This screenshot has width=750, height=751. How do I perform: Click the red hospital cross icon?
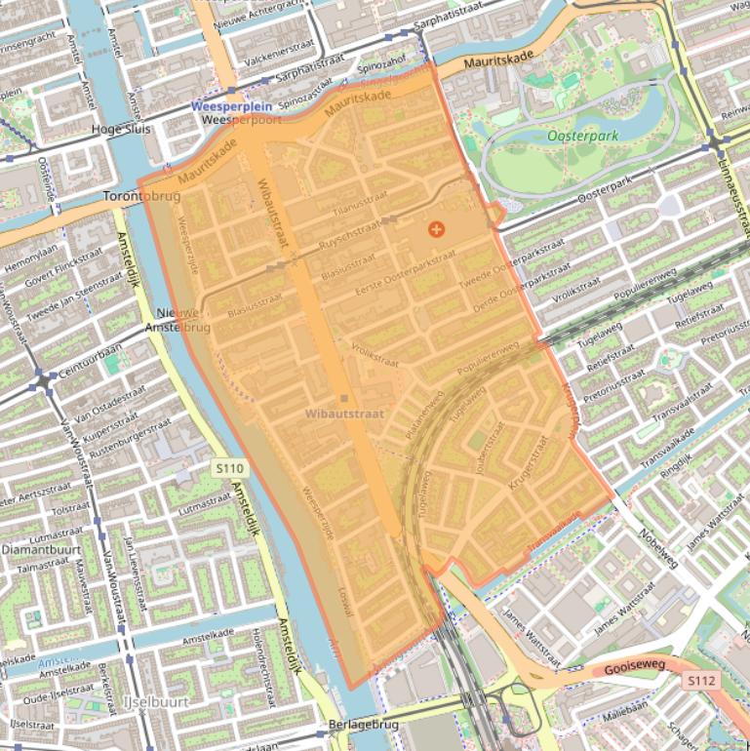point(436,229)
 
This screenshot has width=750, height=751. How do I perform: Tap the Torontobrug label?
point(141,196)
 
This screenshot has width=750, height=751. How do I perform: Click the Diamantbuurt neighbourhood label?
point(35,548)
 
